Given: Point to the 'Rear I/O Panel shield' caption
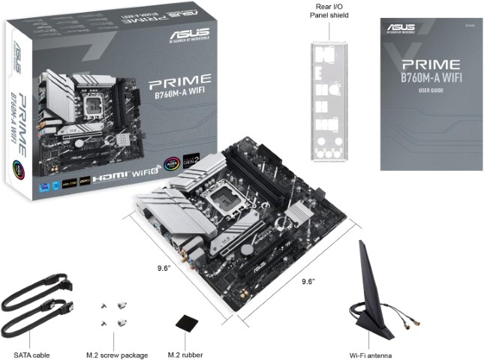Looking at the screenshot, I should coord(329,10).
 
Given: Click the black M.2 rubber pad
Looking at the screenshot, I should coord(185,322).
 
